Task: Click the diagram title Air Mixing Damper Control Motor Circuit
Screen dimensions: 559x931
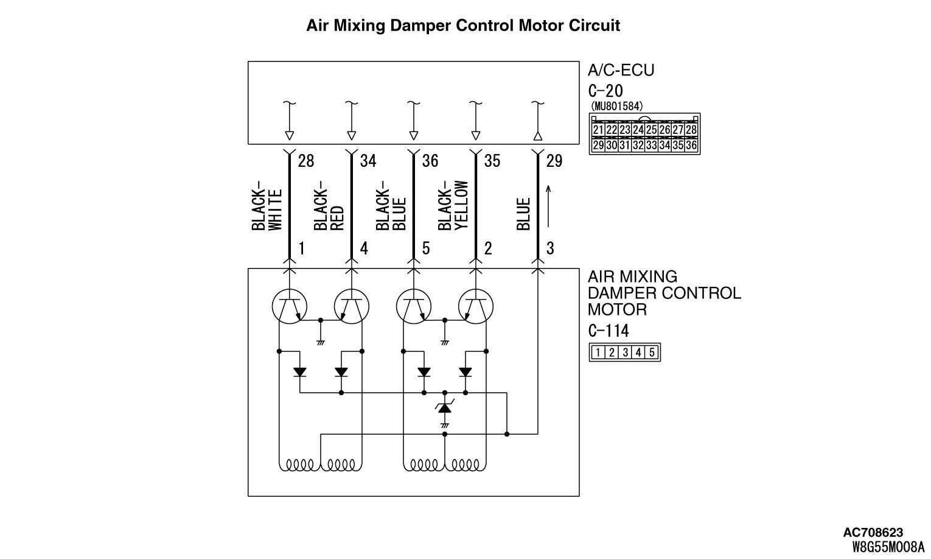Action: pyautogui.click(x=463, y=26)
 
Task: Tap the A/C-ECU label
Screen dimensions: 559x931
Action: pyautogui.click(x=621, y=71)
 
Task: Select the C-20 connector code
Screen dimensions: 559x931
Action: pyautogui.click(x=605, y=91)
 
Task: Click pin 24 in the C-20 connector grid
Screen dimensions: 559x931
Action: pyautogui.click(x=638, y=130)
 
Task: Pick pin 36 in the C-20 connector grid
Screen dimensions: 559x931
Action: pyautogui.click(x=691, y=145)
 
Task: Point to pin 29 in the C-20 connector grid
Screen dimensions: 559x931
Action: pyautogui.click(x=598, y=145)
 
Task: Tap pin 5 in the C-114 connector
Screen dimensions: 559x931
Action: pyautogui.click(x=652, y=352)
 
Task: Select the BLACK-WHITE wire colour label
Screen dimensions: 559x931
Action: pyautogui.click(x=267, y=206)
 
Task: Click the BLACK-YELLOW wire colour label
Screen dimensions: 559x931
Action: pyautogui.click(x=453, y=206)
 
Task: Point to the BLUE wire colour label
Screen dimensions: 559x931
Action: pyautogui.click(x=523, y=214)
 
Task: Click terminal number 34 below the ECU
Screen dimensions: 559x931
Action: pyautogui.click(x=368, y=161)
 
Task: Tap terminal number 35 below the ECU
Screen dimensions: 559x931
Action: pyautogui.click(x=492, y=161)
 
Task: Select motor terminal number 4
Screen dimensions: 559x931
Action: pyautogui.click(x=364, y=248)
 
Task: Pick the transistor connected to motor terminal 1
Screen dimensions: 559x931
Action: pyautogui.click(x=289, y=306)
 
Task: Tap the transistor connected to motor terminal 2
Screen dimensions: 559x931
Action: pyautogui.click(x=475, y=306)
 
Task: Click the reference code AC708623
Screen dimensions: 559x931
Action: pyautogui.click(x=873, y=533)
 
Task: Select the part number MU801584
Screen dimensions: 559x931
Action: pyautogui.click(x=616, y=106)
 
